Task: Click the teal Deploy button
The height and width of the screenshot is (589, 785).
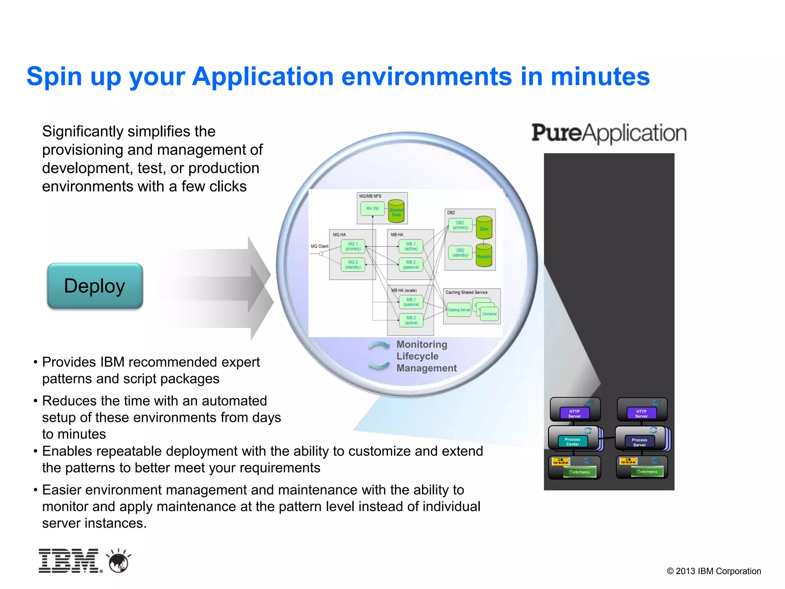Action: pos(95,286)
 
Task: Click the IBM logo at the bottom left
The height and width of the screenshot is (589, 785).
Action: pos(69,561)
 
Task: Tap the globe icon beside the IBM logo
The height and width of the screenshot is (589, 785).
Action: pos(119,561)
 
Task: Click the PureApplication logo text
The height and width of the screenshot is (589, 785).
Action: pos(609,133)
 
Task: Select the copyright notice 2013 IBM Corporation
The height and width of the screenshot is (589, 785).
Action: pos(714,571)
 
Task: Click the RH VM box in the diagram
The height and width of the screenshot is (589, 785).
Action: pos(372,209)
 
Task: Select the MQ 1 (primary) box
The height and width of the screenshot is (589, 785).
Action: pos(353,246)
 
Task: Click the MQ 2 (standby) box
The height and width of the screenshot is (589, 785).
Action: pos(353,265)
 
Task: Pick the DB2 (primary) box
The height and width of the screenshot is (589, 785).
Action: pos(460,225)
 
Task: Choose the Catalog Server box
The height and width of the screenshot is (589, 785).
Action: pos(459,310)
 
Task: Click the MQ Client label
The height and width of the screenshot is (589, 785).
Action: pos(319,246)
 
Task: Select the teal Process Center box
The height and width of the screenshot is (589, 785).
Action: pos(573,442)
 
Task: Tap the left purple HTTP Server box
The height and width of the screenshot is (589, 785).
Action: pos(574,413)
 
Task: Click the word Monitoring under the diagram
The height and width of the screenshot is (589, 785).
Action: pos(422,344)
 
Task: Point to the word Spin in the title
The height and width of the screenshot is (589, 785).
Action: pos(54,76)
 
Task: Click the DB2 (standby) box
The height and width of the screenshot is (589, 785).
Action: pos(460,253)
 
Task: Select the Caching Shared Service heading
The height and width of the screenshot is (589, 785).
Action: pos(466,292)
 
